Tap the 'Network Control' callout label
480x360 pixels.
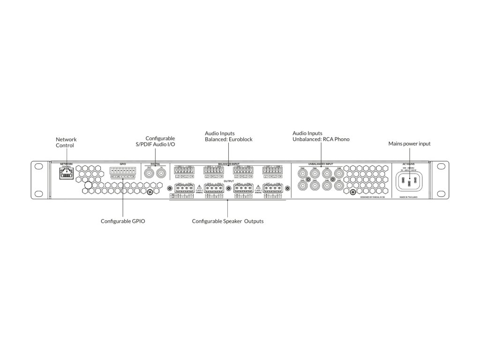66,142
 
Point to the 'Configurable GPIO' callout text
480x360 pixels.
123,221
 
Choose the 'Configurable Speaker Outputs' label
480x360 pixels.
228,221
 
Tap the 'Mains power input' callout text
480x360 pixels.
409,143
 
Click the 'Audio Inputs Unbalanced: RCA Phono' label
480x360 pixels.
321,136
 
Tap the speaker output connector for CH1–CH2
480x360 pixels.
184,188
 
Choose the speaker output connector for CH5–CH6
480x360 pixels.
243,188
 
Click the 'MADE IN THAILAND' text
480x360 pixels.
409,198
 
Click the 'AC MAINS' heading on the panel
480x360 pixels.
409,164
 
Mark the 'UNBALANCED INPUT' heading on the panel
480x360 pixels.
321,164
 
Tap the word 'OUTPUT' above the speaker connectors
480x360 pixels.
228,180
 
